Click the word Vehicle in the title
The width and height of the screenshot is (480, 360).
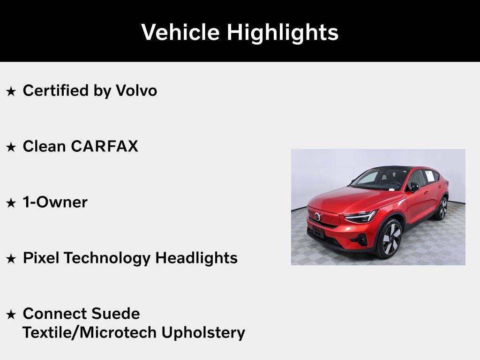click(x=180, y=32)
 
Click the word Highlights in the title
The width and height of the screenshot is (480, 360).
click(x=282, y=32)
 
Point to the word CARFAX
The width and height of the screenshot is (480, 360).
click(x=105, y=146)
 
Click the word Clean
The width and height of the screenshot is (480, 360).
click(x=44, y=146)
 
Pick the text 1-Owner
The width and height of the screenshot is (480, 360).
click(x=55, y=202)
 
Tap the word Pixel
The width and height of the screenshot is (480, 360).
click(x=41, y=258)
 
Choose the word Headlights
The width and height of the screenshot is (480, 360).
click(x=196, y=258)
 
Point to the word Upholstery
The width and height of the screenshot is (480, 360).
click(x=203, y=332)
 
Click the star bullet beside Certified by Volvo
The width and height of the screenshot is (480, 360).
click(x=11, y=91)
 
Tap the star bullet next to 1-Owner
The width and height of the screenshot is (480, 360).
click(x=11, y=202)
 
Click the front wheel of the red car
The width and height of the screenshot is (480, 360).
click(x=389, y=238)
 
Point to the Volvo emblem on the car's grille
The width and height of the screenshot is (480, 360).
click(x=317, y=217)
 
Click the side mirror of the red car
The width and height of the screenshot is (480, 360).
click(x=414, y=187)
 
